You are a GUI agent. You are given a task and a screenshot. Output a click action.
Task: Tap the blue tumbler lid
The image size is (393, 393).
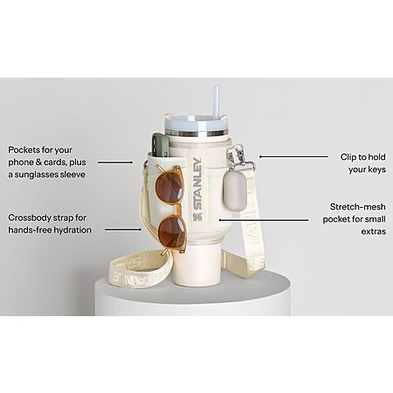[x=198, y=124]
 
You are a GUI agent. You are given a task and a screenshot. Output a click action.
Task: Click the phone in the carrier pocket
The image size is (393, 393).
[x=161, y=146]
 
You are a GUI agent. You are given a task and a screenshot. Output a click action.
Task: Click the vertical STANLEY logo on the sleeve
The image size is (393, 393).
[x=197, y=189]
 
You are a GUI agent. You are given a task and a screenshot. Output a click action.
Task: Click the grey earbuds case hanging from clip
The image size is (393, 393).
[x=235, y=191]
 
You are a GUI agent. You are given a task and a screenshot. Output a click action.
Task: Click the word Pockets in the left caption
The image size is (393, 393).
[x=24, y=150]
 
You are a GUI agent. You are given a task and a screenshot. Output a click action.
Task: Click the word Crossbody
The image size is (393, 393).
[x=29, y=218]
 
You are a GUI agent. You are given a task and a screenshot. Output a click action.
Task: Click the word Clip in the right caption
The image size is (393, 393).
[x=348, y=157]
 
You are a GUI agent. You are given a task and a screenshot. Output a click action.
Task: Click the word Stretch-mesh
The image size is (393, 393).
[x=358, y=207]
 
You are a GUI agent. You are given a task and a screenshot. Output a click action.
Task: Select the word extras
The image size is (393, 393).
[x=374, y=231]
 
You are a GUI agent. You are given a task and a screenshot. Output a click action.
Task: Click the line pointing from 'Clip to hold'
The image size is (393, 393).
[x=293, y=156]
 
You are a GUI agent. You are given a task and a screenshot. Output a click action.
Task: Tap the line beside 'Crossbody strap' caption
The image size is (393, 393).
[x=123, y=230]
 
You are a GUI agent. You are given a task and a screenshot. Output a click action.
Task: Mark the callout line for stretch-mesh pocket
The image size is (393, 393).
[x=264, y=220]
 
